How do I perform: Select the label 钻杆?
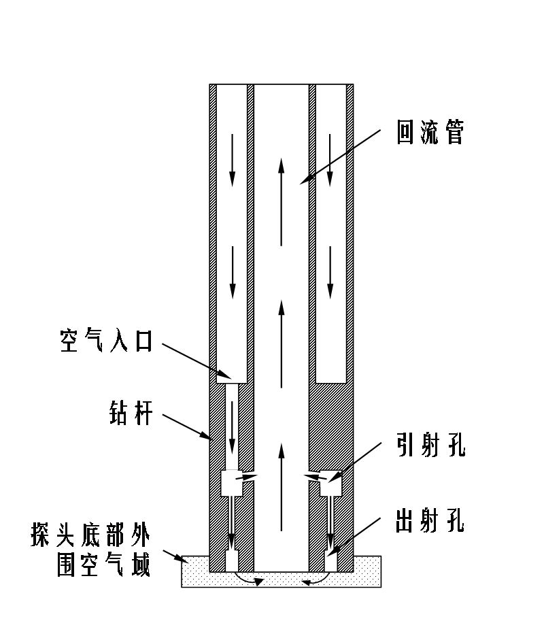[x=128, y=414]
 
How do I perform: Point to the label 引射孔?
[x=430, y=448]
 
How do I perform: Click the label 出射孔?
[x=430, y=522]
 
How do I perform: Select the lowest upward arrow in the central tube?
[x=281, y=486]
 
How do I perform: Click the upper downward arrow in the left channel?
[x=232, y=160]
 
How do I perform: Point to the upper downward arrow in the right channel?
[x=330, y=160]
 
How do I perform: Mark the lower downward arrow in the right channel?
[x=330, y=272]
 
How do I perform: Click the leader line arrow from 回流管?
[x=340, y=156]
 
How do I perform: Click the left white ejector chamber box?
[x=233, y=483]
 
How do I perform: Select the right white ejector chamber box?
[x=330, y=483]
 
